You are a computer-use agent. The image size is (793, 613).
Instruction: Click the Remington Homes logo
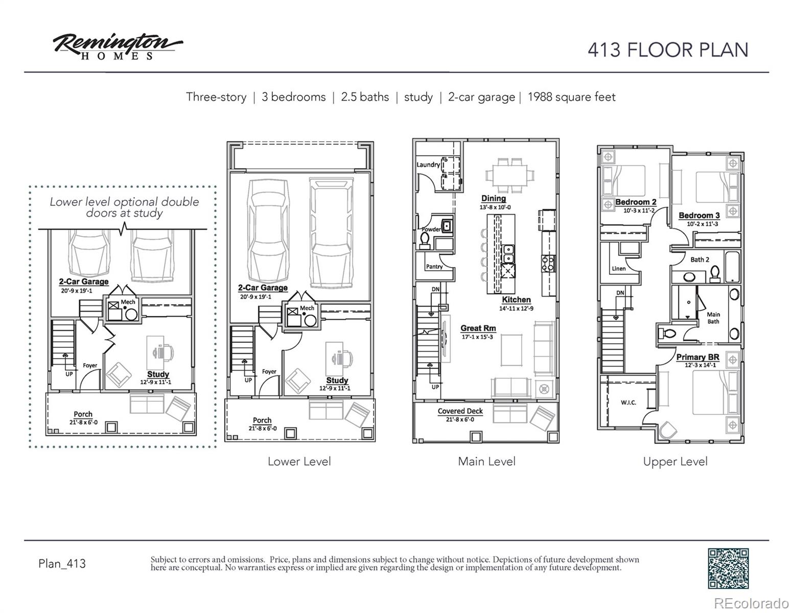click(118, 46)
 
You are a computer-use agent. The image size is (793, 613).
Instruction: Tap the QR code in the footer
click(728, 568)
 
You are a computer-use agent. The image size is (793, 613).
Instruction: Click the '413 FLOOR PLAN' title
click(667, 50)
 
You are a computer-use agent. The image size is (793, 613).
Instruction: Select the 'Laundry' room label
click(428, 164)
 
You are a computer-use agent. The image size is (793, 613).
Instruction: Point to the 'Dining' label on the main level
click(494, 198)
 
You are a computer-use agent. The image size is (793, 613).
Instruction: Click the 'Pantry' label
click(434, 267)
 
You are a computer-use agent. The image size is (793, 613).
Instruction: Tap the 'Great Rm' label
click(478, 328)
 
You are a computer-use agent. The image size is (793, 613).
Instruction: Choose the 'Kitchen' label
click(516, 300)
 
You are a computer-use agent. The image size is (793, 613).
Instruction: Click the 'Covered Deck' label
click(460, 411)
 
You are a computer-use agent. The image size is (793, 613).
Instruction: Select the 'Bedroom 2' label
click(636, 202)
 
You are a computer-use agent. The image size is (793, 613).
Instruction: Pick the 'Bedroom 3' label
click(699, 216)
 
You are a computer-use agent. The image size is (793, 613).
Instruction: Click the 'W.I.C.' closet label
click(628, 403)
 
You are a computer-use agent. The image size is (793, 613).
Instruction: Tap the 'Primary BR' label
click(697, 357)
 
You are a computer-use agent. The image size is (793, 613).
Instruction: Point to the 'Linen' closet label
click(619, 269)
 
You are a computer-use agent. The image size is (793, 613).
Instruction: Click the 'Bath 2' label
click(699, 260)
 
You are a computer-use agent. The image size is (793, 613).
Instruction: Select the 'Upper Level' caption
click(675, 462)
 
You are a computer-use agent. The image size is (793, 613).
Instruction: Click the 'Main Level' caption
click(486, 462)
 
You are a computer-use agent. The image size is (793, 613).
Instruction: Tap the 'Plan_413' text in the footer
click(62, 563)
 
